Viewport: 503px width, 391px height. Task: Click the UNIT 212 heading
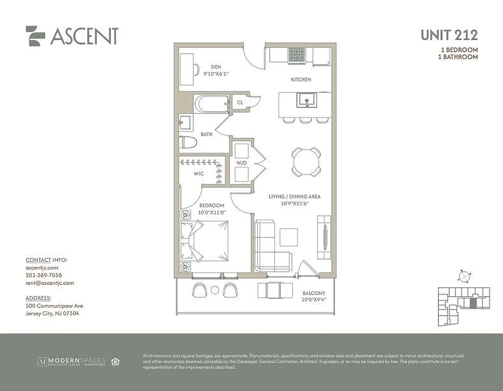pos(449,35)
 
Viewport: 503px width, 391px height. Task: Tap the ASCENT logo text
pos(84,36)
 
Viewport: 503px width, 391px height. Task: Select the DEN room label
pos(216,67)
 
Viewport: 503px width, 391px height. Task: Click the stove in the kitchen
pos(296,55)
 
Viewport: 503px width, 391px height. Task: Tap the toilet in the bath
pos(188,142)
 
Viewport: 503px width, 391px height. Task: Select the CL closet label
pos(240,103)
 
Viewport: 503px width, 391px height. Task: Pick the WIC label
pos(198,174)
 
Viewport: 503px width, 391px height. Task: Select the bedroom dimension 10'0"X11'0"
pos(212,213)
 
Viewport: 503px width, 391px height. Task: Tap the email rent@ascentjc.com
pos(49,283)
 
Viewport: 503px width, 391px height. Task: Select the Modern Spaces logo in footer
pos(71,362)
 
